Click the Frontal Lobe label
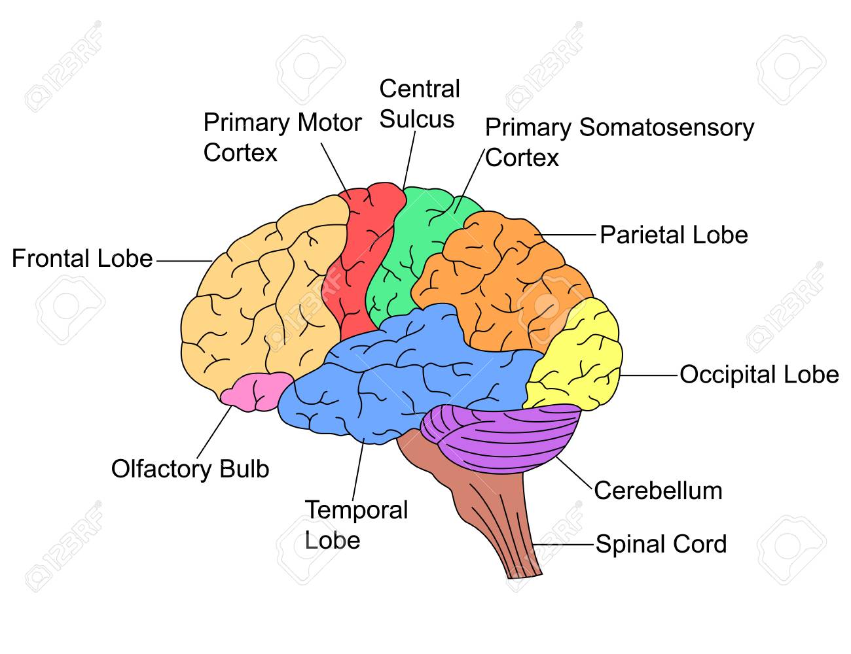pos(82,258)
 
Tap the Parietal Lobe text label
pos(674,235)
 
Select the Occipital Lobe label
pos(759,375)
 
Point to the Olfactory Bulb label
pos(190,470)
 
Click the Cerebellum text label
pos(658,490)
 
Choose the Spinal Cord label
pos(661,544)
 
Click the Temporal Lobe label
pos(356,525)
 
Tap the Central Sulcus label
pos(420,103)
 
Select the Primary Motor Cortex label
pos(282,137)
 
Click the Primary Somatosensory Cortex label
pos(619,143)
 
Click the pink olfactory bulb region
pos(257,392)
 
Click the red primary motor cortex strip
pos(362,258)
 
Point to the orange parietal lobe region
pos(505,282)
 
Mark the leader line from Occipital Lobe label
pos(649,375)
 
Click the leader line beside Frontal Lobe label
pos(185,260)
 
